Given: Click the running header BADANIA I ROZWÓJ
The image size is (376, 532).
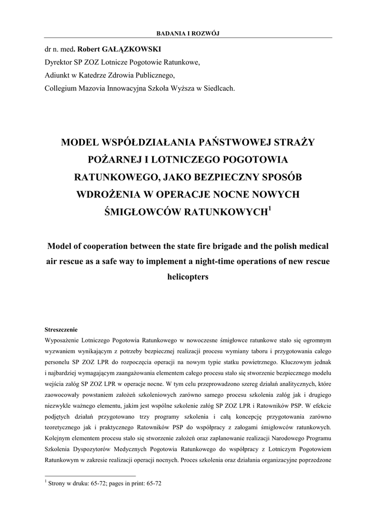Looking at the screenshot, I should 188,34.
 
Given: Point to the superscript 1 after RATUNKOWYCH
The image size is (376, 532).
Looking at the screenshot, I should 269,209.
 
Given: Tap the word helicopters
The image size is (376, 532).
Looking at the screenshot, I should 187,277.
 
